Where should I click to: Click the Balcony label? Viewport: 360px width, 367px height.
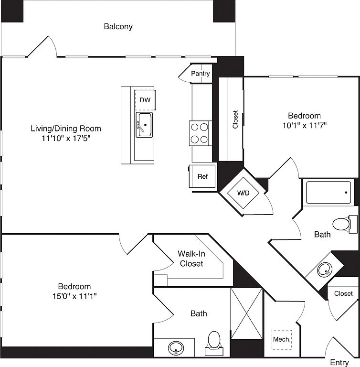[118, 27]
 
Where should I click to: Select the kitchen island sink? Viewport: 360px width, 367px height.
[144, 124]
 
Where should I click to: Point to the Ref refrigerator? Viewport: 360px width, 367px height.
[203, 176]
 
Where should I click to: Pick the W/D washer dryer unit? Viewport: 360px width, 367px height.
[244, 193]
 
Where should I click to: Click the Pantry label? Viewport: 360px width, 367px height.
[201, 74]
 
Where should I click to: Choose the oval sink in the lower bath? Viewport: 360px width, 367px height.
[177, 348]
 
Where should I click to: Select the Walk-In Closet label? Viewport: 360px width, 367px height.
[191, 259]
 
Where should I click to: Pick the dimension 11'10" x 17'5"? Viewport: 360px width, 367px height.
[66, 139]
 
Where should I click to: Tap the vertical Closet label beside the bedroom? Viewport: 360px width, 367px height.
[235, 119]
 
